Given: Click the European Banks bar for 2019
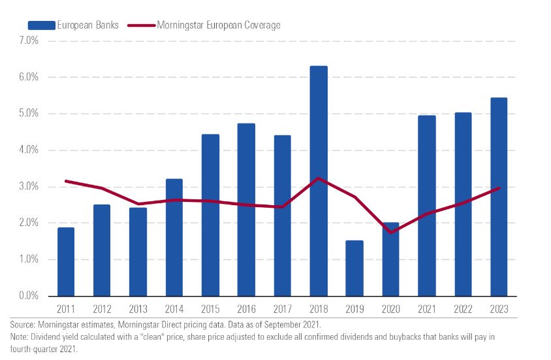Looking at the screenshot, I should (x=354, y=268).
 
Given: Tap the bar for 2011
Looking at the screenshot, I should (x=66, y=261).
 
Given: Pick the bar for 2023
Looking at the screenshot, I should (x=499, y=197).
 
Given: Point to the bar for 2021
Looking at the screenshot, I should (x=426, y=206).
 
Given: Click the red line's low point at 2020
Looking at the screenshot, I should (x=390, y=233).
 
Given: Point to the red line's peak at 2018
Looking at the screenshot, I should (x=319, y=178).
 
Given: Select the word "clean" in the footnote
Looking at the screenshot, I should (x=156, y=337).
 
